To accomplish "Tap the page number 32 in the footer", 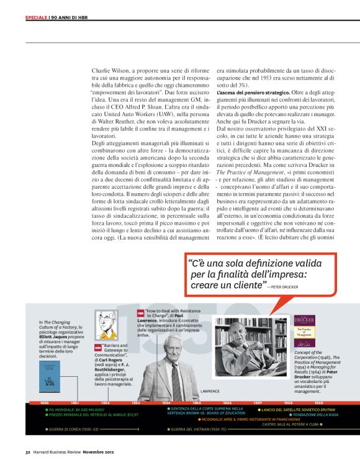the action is pos(27,451).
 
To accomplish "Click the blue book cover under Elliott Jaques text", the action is pos(50,377).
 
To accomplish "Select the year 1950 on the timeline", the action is pos(45,403).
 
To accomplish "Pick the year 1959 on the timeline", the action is pos(318,403).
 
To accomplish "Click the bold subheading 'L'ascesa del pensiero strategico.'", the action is pos(243,92).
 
